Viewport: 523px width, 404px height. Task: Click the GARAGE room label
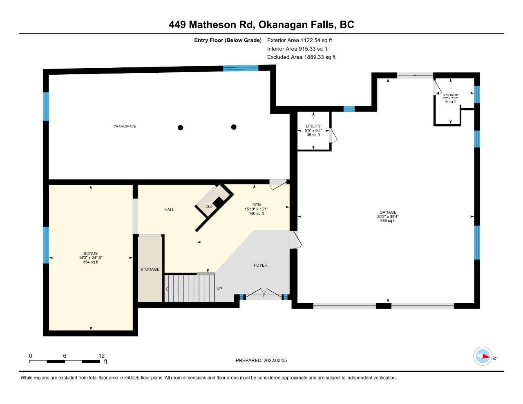[388, 212]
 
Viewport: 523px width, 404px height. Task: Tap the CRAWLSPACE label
[125, 126]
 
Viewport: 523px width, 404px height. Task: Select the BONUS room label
[90, 253]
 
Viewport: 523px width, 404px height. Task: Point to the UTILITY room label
[313, 126]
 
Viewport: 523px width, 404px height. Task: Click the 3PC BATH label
[450, 95]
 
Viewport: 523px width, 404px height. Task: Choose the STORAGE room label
[150, 269]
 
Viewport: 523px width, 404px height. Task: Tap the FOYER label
[260, 265]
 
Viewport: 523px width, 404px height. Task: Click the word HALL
[169, 210]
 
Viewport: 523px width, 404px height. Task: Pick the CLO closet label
[209, 207]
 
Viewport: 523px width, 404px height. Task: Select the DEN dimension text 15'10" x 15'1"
[256, 209]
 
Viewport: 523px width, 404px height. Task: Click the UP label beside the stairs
[219, 289]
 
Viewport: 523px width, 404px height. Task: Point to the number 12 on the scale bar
[102, 356]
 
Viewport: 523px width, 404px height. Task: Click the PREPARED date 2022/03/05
[275, 360]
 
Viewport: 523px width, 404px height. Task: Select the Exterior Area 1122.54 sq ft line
[299, 40]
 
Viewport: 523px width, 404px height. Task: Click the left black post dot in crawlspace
[180, 128]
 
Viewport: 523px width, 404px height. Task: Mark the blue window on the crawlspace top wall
[241, 68]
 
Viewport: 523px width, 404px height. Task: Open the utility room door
[333, 135]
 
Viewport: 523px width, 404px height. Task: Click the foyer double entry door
[264, 294]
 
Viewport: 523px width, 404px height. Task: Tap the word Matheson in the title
[221, 25]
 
